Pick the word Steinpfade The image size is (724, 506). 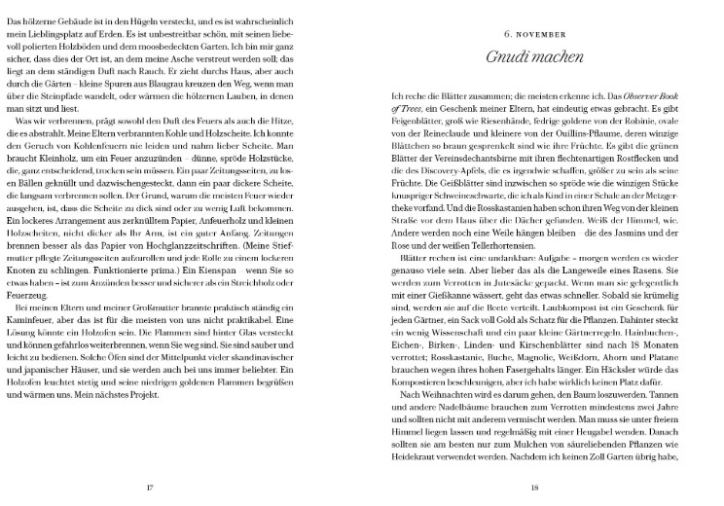80,110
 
